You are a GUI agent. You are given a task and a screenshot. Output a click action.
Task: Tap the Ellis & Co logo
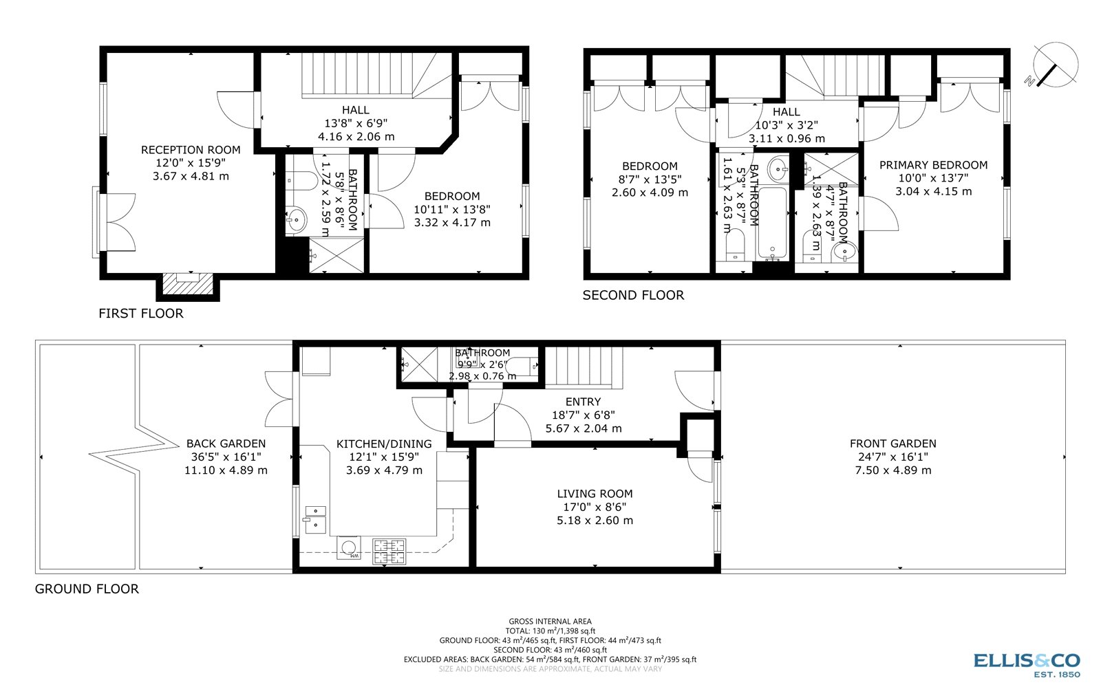click(x=1027, y=663)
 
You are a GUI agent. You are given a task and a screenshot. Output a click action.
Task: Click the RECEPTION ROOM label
click(x=191, y=150)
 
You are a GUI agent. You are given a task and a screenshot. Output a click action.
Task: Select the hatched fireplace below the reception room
click(x=188, y=283)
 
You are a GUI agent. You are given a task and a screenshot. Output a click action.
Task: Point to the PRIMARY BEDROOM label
click(x=933, y=165)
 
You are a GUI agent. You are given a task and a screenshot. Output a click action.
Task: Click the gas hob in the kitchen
click(x=389, y=551)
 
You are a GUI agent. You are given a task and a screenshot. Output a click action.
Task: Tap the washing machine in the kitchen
click(x=350, y=548)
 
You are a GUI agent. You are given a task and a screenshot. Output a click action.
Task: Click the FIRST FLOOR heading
click(x=141, y=314)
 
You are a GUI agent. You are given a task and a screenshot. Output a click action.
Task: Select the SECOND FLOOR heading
click(x=633, y=296)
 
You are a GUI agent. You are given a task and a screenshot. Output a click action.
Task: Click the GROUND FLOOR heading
click(x=87, y=589)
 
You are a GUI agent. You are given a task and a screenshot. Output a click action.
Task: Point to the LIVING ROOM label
click(x=595, y=494)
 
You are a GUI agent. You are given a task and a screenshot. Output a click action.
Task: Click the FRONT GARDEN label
click(x=892, y=444)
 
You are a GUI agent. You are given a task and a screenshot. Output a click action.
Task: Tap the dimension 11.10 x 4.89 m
click(x=226, y=470)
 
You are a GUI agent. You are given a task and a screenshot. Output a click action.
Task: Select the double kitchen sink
click(x=315, y=519)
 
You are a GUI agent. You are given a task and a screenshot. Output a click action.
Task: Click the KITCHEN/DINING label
click(x=384, y=444)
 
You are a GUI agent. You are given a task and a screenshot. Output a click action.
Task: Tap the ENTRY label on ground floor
click(x=583, y=402)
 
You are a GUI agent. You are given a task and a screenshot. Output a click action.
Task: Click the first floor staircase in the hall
click(x=357, y=75)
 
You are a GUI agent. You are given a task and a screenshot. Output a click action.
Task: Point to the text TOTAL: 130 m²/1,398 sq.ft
click(x=550, y=631)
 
